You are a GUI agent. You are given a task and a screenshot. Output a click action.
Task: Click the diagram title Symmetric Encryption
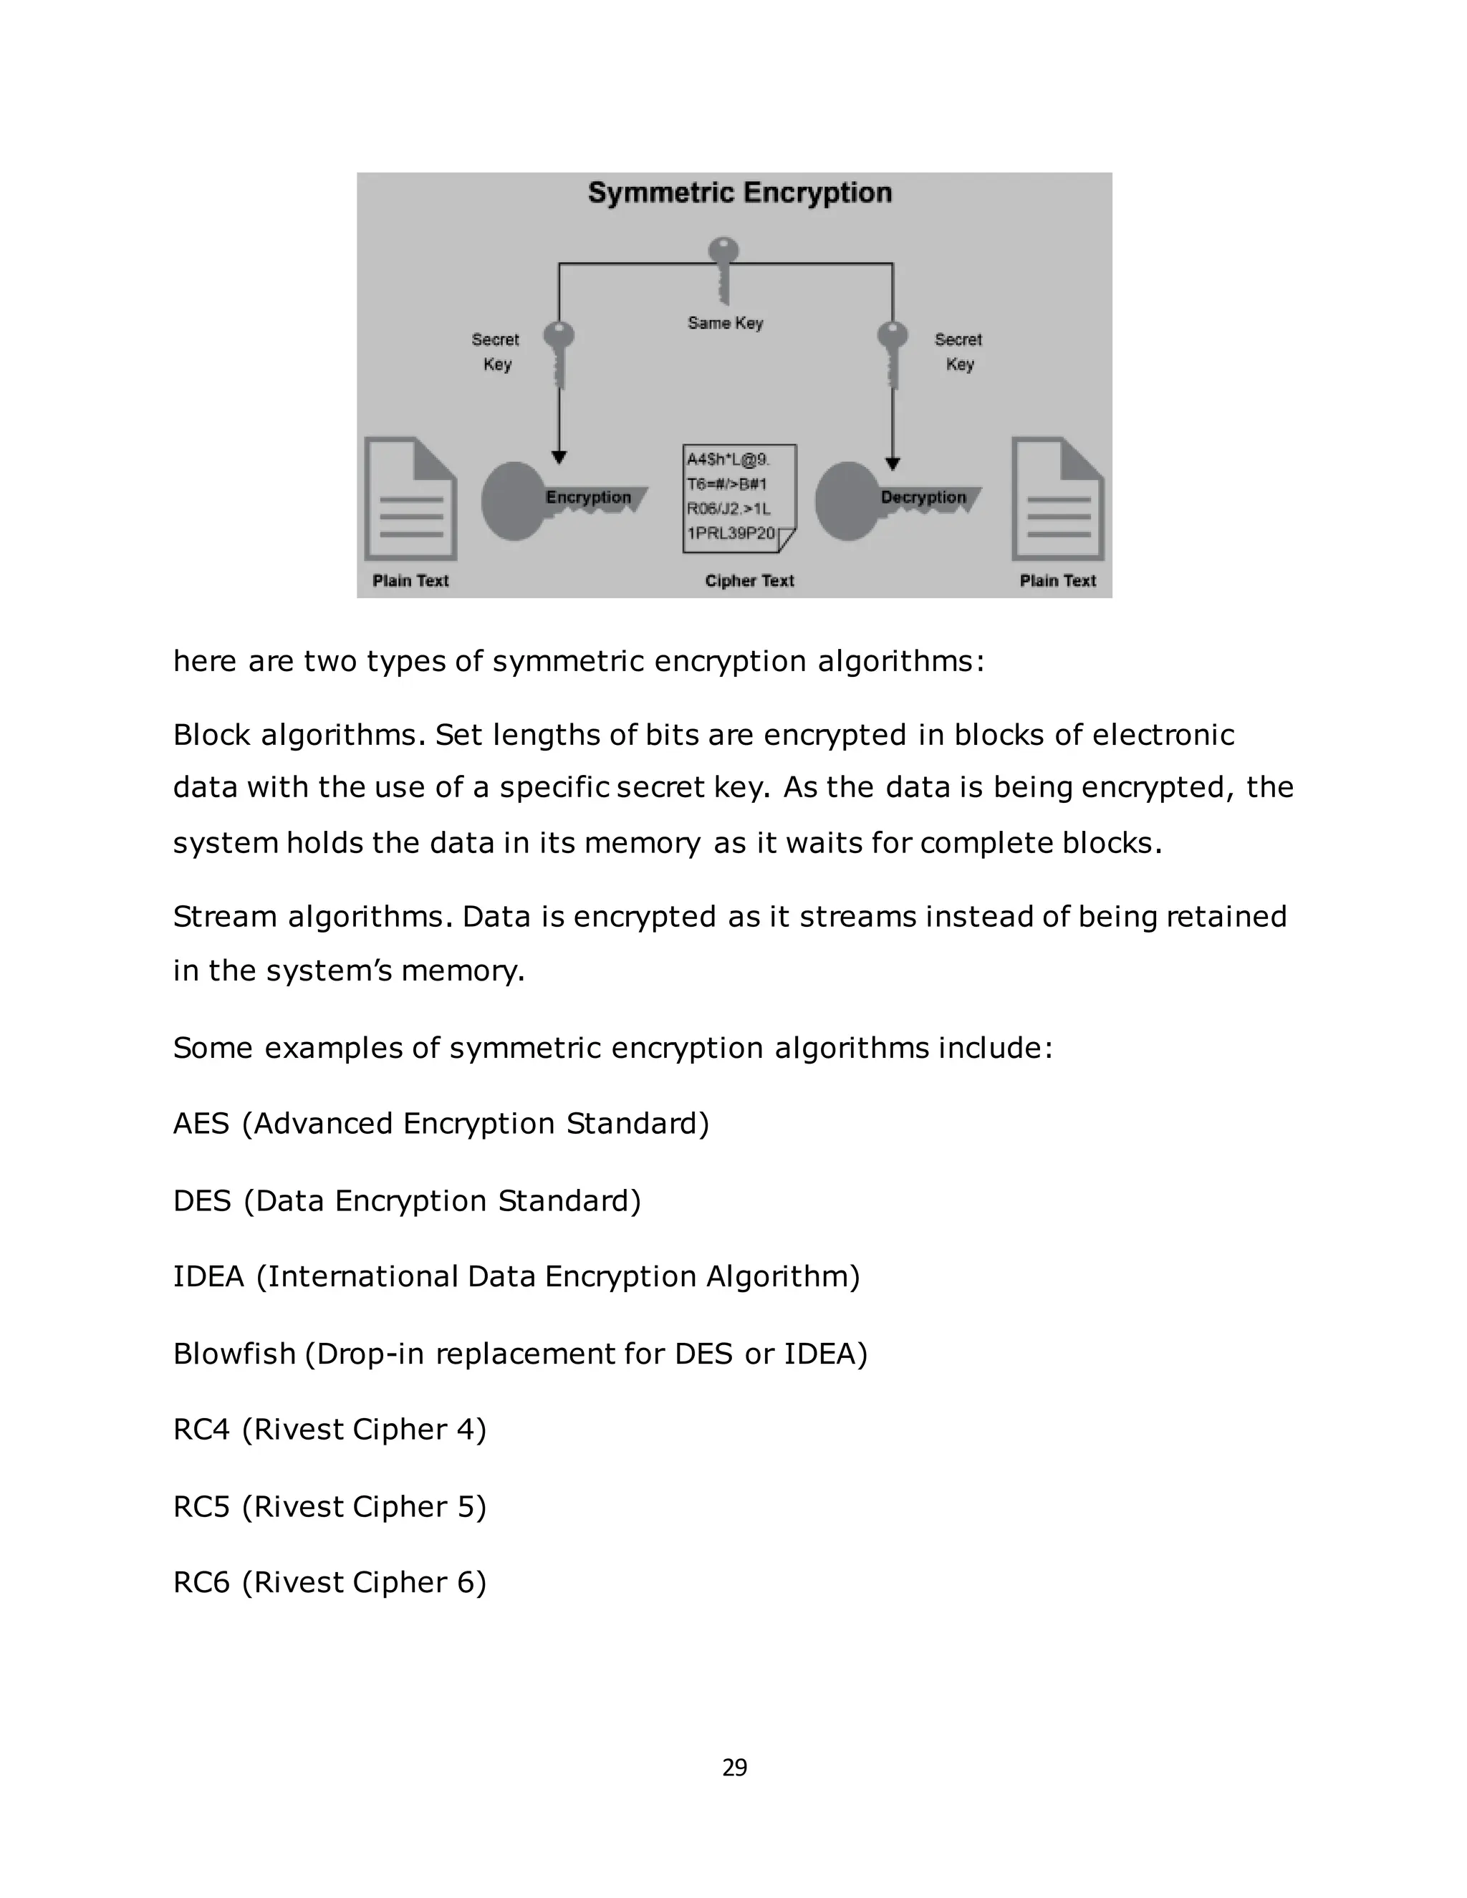[x=739, y=192]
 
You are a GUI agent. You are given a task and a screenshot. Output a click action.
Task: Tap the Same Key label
[x=725, y=322]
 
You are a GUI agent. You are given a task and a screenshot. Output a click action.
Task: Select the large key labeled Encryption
[x=556, y=500]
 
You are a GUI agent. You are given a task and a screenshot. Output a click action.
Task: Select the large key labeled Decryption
[x=891, y=500]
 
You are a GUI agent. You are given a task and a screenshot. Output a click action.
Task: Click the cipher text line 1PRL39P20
[x=730, y=533]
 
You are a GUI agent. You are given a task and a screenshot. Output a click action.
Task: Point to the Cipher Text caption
[x=749, y=581]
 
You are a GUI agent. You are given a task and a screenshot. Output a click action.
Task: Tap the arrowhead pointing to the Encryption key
[x=559, y=457]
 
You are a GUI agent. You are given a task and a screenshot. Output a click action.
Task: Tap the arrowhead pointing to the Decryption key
[x=893, y=464]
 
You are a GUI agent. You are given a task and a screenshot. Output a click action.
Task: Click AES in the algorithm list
[x=201, y=1124]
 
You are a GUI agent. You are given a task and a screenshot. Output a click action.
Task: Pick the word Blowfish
[x=235, y=1354]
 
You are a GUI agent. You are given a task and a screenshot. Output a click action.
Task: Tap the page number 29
[x=734, y=1768]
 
